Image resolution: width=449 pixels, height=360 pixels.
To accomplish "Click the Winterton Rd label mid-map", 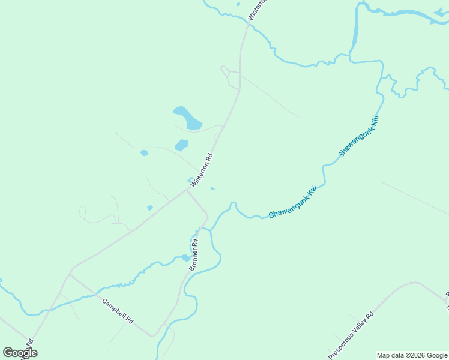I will [202, 171].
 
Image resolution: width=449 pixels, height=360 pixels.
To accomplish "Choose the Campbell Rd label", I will [117, 311].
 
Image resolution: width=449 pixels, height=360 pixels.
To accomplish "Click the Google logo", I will [20, 353].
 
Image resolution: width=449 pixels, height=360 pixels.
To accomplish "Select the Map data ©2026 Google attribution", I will [412, 355].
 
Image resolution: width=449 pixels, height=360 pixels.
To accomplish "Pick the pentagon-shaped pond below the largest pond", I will [181, 145].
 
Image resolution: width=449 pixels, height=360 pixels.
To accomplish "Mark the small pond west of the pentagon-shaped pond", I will [144, 153].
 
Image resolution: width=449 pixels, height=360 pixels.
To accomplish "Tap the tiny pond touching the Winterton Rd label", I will [190, 179].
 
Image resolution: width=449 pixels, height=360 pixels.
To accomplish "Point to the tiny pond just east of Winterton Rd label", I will [212, 188].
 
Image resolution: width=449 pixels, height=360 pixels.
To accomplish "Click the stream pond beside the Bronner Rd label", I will [185, 258].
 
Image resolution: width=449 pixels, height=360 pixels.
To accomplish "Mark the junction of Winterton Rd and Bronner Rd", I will [188, 191].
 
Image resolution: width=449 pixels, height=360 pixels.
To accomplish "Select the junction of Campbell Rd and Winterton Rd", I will [70, 275].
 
